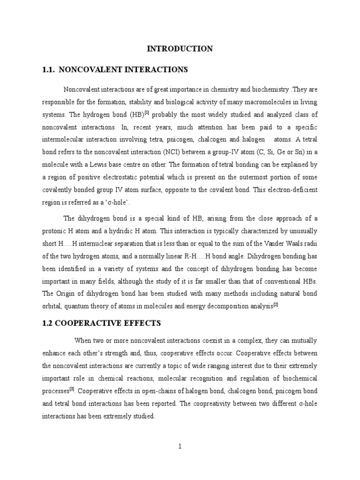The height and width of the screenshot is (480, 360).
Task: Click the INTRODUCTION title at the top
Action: pos(180,49)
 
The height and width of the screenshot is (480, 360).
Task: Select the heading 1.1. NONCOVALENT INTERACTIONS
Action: pos(115,70)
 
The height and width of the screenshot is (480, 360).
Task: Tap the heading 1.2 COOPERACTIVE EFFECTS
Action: pos(102,323)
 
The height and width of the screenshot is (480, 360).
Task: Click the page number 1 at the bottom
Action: pos(180,447)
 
